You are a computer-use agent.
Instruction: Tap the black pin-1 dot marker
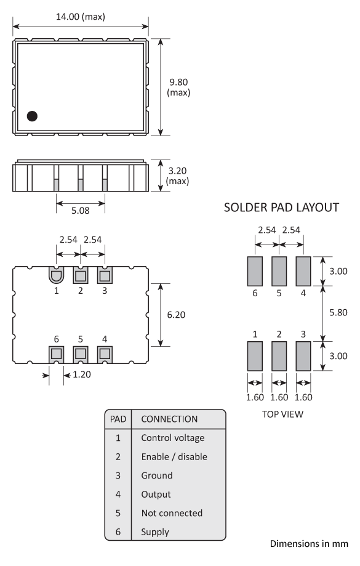[x=32, y=115]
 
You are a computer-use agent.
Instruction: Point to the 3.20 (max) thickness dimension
[x=178, y=176]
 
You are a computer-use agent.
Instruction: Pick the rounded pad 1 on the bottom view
[x=56, y=275]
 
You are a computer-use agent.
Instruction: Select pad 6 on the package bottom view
[x=56, y=354]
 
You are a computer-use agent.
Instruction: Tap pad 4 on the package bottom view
[x=104, y=354]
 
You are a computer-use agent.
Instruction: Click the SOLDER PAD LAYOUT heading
[x=282, y=208]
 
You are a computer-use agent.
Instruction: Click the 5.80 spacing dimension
[x=338, y=312]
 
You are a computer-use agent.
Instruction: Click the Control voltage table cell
[x=172, y=438]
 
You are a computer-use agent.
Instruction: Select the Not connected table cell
[x=172, y=512]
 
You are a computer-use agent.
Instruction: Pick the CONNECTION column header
[x=169, y=419]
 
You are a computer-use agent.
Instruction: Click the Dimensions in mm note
[x=309, y=544]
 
